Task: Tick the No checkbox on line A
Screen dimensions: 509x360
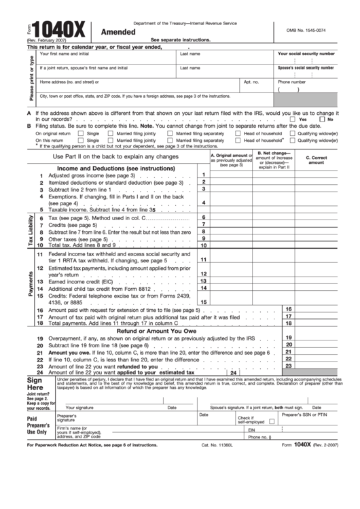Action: (322, 119)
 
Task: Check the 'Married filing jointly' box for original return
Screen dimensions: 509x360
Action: (113, 133)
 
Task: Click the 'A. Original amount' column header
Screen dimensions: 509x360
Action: (231, 160)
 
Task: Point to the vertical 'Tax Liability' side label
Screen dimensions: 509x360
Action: (31, 232)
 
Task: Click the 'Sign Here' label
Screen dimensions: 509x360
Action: (35, 385)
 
